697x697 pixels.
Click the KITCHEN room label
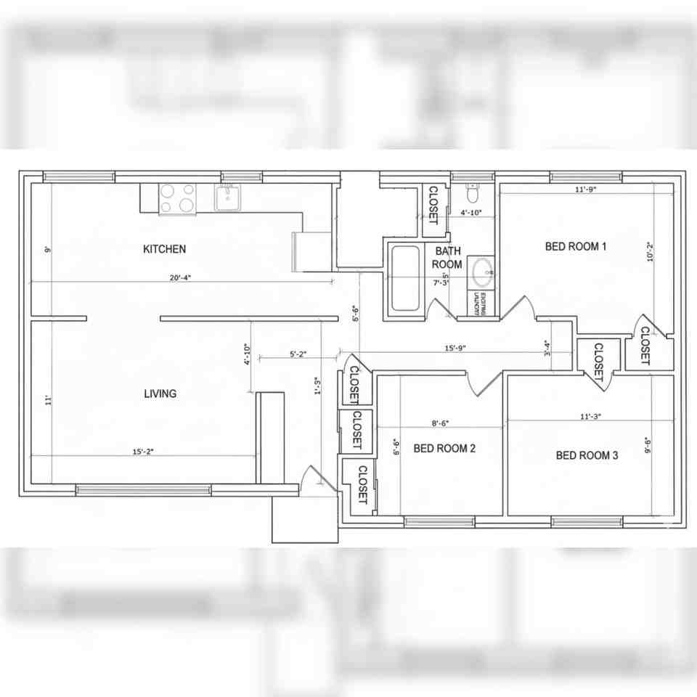pyautogui.click(x=164, y=249)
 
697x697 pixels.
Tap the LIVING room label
pyautogui.click(x=160, y=394)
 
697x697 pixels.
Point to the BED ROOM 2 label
pyautogui.click(x=444, y=449)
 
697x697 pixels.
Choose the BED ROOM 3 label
pyautogui.click(x=587, y=455)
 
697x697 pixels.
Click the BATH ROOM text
pyautogui.click(x=447, y=258)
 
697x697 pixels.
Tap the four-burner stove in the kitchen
pyautogui.click(x=178, y=198)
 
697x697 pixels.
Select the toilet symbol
pyautogui.click(x=472, y=193)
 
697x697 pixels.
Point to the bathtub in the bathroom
pyautogui.click(x=405, y=279)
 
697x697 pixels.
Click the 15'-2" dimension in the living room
pyautogui.click(x=143, y=451)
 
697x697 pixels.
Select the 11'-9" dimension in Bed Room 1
pyautogui.click(x=585, y=190)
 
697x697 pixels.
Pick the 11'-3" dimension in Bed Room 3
pyautogui.click(x=590, y=416)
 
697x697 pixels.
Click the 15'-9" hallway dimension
pyautogui.click(x=455, y=348)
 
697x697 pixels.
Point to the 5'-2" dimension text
pyautogui.click(x=298, y=354)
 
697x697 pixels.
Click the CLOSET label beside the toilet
pyautogui.click(x=433, y=205)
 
